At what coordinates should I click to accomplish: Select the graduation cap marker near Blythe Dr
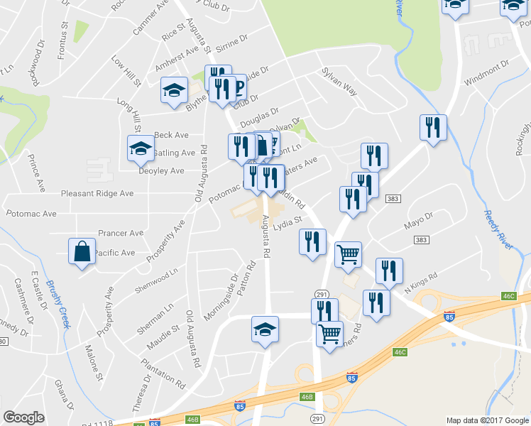[173, 89]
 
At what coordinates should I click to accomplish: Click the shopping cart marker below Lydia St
[348, 254]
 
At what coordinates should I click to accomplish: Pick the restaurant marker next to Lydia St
[312, 241]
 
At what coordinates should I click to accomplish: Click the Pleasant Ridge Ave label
[97, 193]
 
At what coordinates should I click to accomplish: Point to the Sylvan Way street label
[339, 78]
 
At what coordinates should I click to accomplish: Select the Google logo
[23, 417]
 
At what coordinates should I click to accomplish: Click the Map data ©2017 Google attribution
[487, 420]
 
